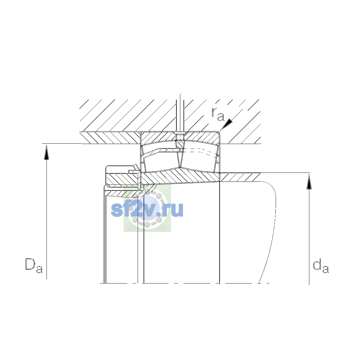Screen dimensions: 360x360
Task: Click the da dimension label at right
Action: (321, 266)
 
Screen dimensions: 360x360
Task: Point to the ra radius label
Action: (218, 114)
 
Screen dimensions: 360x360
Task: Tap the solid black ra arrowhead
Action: (227, 124)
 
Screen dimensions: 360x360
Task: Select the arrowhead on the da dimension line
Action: (309, 182)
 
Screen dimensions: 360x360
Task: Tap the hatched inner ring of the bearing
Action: (180, 176)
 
